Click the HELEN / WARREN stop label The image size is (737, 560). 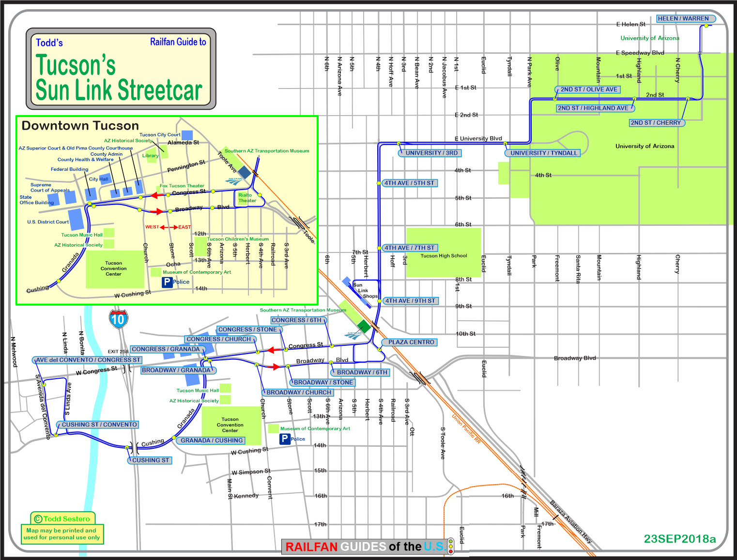[683, 19]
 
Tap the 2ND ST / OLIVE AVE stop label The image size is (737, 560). [588, 89]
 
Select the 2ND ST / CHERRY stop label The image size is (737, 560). [655, 123]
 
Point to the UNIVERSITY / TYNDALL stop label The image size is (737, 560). [544, 153]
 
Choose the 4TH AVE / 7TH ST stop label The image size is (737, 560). [409, 248]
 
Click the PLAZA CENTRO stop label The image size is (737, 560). [411, 342]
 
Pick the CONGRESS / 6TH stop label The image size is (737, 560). [296, 320]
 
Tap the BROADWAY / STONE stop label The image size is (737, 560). [323, 383]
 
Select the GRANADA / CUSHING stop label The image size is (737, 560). [212, 441]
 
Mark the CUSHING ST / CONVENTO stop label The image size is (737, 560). [99, 425]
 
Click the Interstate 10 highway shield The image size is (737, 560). [118, 319]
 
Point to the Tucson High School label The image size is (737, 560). [444, 256]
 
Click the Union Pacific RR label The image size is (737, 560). [466, 428]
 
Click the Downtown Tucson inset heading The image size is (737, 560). [80, 126]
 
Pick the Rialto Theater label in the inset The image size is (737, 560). [247, 198]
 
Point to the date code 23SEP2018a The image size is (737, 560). [679, 539]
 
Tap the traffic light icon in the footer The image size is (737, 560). [451, 546]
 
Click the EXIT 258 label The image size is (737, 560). [118, 352]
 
